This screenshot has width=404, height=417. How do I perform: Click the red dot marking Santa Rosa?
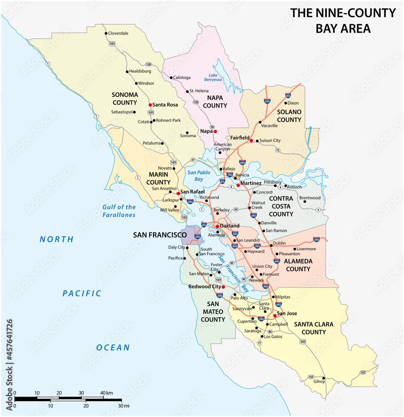[x=150, y=105]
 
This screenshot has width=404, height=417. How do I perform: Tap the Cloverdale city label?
[x=118, y=33]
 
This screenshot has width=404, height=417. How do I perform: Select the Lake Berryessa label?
[x=213, y=77]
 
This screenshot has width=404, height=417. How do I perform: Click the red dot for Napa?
[x=216, y=131]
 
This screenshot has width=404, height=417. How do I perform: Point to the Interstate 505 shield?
[x=267, y=101]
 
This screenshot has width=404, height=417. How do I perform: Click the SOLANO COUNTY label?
[x=289, y=116]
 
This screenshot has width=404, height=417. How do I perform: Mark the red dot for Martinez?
[x=238, y=185]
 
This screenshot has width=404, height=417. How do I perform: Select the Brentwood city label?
[x=310, y=198]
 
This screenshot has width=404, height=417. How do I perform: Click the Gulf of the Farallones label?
[x=119, y=211]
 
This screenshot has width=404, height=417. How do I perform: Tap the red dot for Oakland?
[x=217, y=226]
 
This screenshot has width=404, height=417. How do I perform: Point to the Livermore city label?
[x=306, y=249]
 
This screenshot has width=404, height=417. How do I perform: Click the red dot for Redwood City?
[x=223, y=287]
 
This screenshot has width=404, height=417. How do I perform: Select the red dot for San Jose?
[x=274, y=315]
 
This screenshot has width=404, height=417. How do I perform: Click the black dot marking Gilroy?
[x=323, y=378]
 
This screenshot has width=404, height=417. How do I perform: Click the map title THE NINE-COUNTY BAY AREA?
[x=343, y=20]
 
